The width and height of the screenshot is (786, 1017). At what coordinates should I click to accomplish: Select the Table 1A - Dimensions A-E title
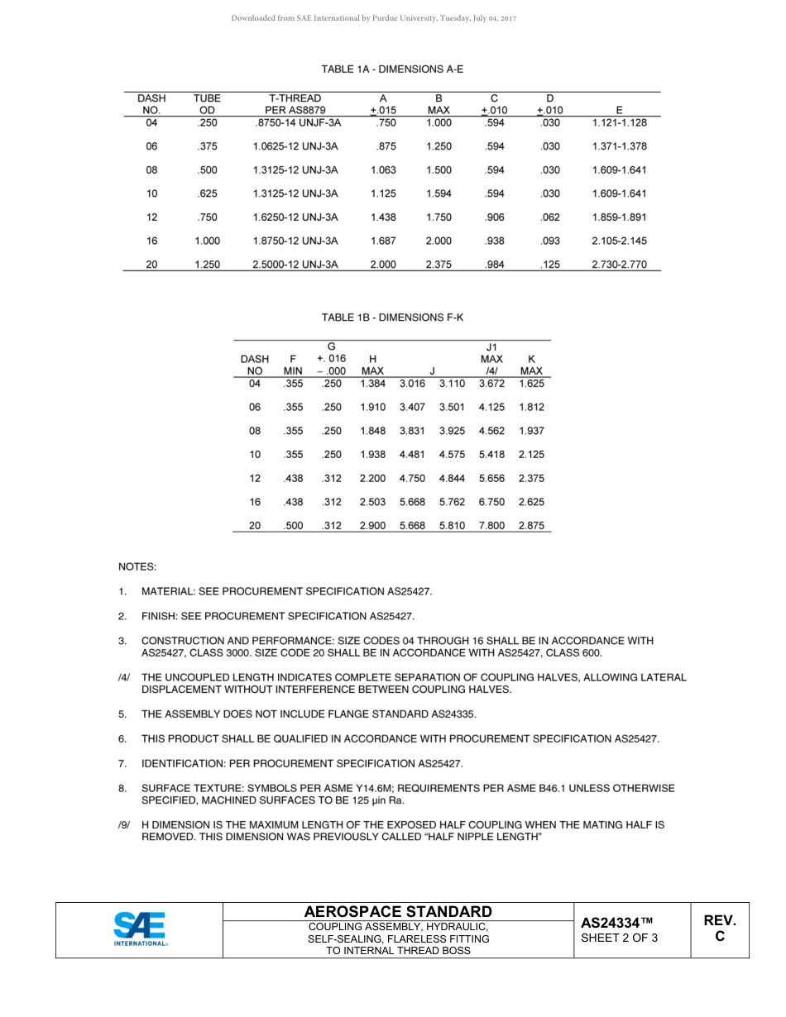(x=392, y=69)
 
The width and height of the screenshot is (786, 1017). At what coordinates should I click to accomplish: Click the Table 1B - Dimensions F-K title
(x=392, y=318)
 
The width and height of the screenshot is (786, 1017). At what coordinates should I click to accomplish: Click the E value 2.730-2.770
(x=620, y=265)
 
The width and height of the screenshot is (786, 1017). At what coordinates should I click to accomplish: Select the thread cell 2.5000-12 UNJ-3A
(x=295, y=265)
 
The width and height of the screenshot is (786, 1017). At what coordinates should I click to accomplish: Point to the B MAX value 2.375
(x=439, y=265)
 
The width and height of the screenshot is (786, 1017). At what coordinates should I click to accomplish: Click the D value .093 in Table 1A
(x=549, y=241)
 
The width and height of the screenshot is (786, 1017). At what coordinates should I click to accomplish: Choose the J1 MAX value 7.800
(x=491, y=526)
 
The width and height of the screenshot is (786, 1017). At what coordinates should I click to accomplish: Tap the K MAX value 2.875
(x=531, y=526)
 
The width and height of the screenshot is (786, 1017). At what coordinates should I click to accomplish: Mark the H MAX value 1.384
(x=372, y=384)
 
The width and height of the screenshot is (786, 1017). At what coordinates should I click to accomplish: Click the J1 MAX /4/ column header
(x=491, y=359)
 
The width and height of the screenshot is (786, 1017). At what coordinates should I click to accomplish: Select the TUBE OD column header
(x=207, y=104)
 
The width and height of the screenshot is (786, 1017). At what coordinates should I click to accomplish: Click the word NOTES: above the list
(x=137, y=567)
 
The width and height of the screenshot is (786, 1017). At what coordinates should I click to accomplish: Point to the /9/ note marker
(x=124, y=825)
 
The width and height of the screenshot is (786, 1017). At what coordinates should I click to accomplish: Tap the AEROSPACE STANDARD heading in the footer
(x=398, y=911)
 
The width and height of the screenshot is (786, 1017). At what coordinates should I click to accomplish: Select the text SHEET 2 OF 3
(x=620, y=938)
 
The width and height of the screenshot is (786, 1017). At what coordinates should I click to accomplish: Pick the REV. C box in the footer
(x=719, y=929)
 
